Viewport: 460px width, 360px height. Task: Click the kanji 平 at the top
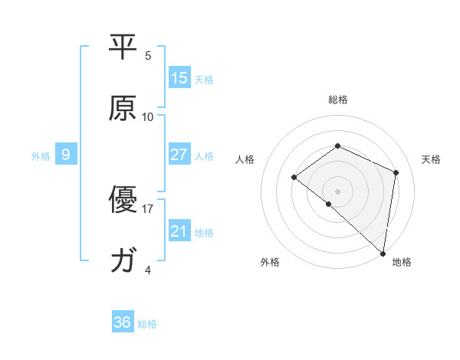point(123,47)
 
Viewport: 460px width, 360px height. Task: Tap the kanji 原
point(123,110)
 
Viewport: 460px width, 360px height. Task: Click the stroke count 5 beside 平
point(148,55)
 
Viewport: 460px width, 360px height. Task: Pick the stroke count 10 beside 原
point(148,117)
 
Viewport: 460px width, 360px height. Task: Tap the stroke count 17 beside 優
point(148,208)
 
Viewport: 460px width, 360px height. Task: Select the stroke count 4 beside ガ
point(148,270)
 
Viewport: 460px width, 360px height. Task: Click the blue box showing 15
point(179,77)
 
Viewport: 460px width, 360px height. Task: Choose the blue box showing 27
point(179,155)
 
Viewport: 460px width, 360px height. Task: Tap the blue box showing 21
point(179,231)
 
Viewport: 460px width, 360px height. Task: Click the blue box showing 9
point(66,155)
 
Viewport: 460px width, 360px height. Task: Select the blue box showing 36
point(123,322)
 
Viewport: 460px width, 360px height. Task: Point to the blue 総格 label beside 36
point(147,324)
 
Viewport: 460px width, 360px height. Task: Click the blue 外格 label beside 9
point(41,156)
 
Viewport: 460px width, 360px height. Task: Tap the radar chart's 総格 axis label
point(337,100)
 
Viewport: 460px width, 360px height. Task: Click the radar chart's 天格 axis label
point(432,159)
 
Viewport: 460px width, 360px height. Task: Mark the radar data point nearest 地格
point(383,253)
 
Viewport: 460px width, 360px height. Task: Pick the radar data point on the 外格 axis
point(328,204)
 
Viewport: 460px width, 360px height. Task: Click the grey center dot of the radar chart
point(337,191)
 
